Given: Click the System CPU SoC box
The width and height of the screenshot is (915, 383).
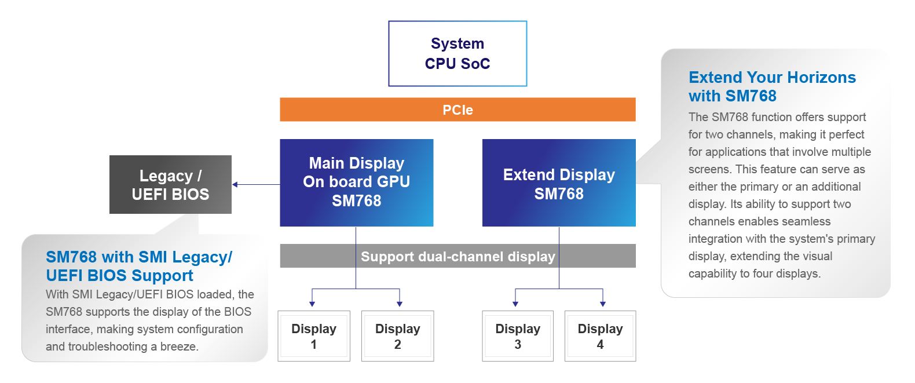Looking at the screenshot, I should coord(457,54).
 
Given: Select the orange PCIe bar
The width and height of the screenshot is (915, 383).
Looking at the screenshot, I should coord(457,110).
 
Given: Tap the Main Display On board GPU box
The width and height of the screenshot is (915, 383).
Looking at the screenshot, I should coord(356,183).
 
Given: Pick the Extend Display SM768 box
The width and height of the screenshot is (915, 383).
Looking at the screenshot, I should coord(559,183).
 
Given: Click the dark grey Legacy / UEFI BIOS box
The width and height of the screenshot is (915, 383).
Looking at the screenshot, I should coord(170,184).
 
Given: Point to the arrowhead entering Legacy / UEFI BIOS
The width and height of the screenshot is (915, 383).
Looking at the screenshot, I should coord(235,184).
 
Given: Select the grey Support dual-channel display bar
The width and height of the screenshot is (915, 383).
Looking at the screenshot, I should coord(457,256).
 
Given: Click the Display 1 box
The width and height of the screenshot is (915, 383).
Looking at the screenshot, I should coord(314,336).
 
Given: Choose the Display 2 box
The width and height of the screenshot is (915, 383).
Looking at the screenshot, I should coord(397,336).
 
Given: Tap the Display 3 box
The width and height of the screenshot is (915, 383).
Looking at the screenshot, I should coord(518,336).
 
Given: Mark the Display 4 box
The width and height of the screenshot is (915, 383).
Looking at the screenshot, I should coord(600,336).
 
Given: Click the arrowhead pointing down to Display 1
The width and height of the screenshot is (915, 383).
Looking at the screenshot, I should coord(312,304).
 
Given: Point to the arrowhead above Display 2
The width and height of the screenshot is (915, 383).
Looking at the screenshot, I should coord(400,304).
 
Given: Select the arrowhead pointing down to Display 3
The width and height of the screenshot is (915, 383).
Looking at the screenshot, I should coord(515,304).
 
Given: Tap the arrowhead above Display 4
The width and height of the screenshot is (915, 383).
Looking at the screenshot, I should coord(603,304).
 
